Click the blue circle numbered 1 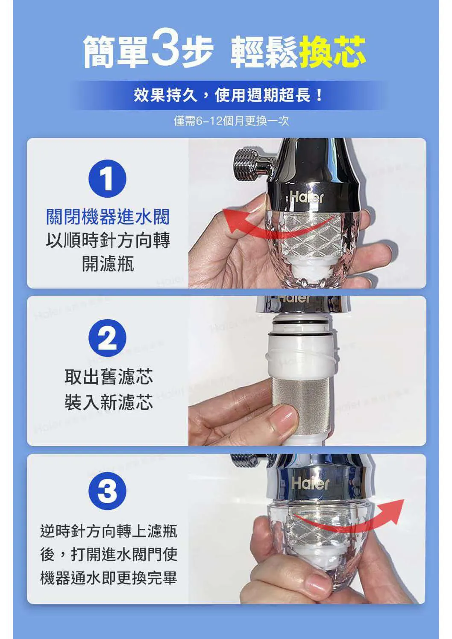[x=107, y=178]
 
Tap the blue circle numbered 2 [x=107, y=338]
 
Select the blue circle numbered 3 [x=107, y=491]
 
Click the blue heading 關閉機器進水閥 [x=108, y=217]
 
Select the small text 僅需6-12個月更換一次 [x=231, y=121]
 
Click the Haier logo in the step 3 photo [x=310, y=483]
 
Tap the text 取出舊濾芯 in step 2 [x=109, y=376]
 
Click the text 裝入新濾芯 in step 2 [x=109, y=402]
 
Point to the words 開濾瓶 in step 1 [x=108, y=264]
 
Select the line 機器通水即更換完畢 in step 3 [x=109, y=578]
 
